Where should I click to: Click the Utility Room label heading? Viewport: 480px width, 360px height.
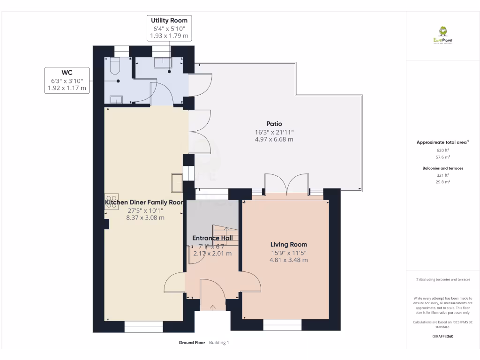click(169, 20)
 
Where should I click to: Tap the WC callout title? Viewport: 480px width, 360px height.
click(67, 72)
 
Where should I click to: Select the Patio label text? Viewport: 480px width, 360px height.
click(274, 124)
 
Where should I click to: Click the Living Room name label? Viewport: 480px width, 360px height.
click(288, 244)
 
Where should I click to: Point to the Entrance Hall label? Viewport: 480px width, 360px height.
click(212, 238)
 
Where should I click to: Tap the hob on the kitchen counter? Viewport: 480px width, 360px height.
click(112, 201)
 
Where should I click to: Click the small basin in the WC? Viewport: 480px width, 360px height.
click(116, 99)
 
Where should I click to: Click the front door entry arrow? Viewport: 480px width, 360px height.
click(213, 307)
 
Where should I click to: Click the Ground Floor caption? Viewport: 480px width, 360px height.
click(192, 343)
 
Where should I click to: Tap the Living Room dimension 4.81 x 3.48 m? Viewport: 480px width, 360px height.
click(288, 260)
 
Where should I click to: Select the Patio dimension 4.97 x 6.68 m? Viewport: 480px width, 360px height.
click(274, 139)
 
